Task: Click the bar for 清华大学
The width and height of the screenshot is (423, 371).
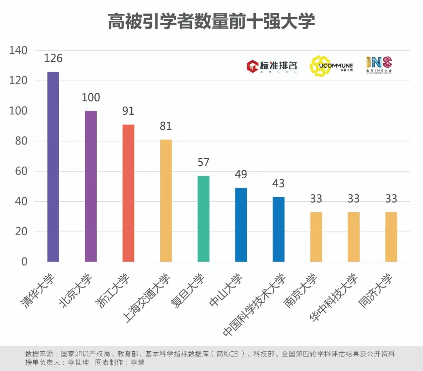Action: click(53, 166)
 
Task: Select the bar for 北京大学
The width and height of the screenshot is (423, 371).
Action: click(91, 186)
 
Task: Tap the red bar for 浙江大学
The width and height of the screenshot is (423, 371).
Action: click(128, 193)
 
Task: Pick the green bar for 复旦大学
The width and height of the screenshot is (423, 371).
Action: click(204, 219)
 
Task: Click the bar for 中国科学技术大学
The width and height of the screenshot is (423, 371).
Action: click(278, 229)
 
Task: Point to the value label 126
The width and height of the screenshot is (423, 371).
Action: click(53, 58)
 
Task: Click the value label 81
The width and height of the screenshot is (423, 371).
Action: click(166, 126)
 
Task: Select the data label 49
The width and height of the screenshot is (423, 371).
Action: click(241, 174)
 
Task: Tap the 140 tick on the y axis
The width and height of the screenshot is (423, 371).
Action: click(18, 51)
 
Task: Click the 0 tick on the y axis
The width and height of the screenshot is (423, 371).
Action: click(24, 262)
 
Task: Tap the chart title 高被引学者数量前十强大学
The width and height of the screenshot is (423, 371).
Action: click(211, 21)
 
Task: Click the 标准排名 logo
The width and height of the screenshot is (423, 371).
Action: click(271, 66)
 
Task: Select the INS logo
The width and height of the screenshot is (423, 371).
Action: click(379, 65)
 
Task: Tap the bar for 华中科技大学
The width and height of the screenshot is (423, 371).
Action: click(354, 237)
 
